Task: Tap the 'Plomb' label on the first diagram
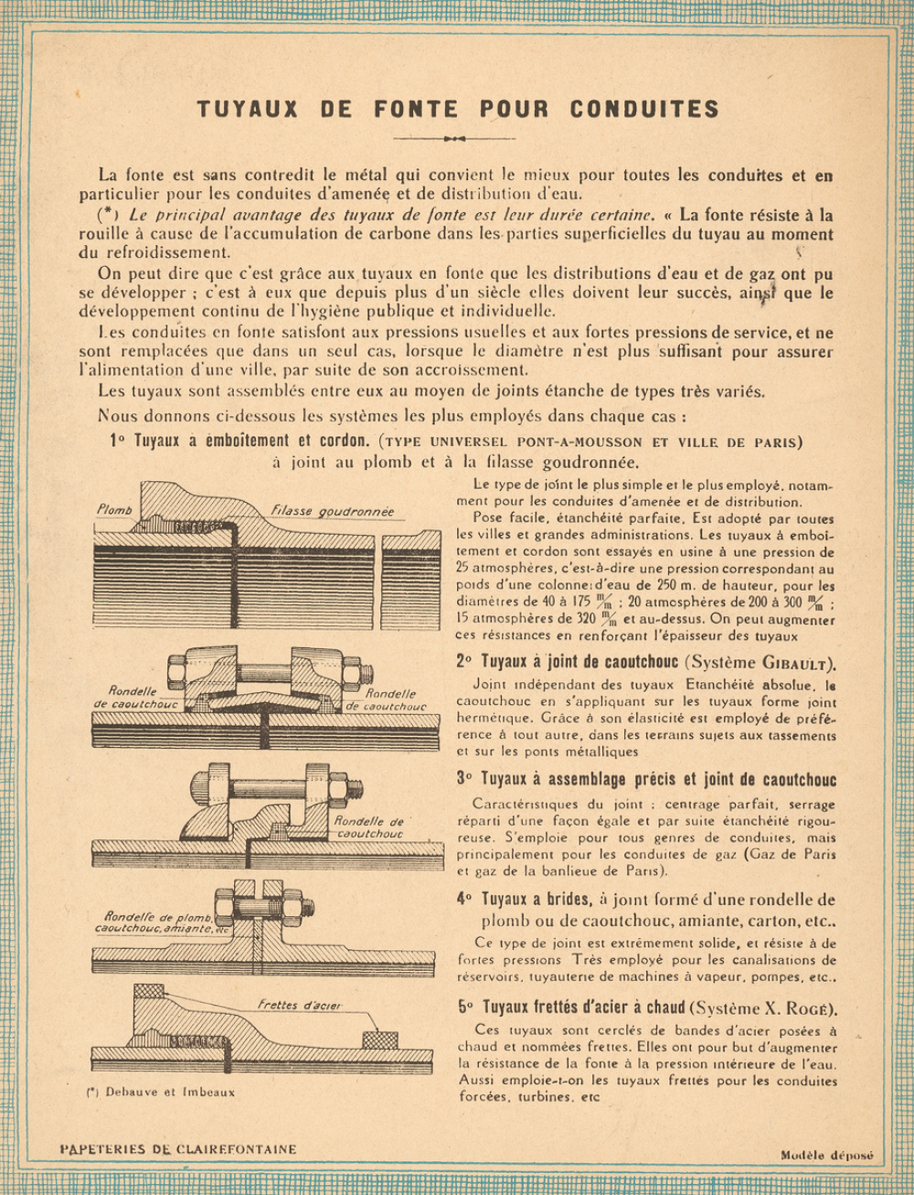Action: point(114,509)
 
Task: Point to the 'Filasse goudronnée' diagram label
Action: point(333,511)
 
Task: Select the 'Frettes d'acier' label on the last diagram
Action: point(299,1005)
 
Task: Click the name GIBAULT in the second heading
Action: point(798,664)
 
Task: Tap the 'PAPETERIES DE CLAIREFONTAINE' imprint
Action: point(177,1149)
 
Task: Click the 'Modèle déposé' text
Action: point(827,1155)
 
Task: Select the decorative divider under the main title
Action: point(454,138)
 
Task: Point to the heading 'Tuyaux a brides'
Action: point(533,899)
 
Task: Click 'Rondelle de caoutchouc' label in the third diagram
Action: point(369,827)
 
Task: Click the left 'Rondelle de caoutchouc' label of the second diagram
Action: point(136,699)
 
